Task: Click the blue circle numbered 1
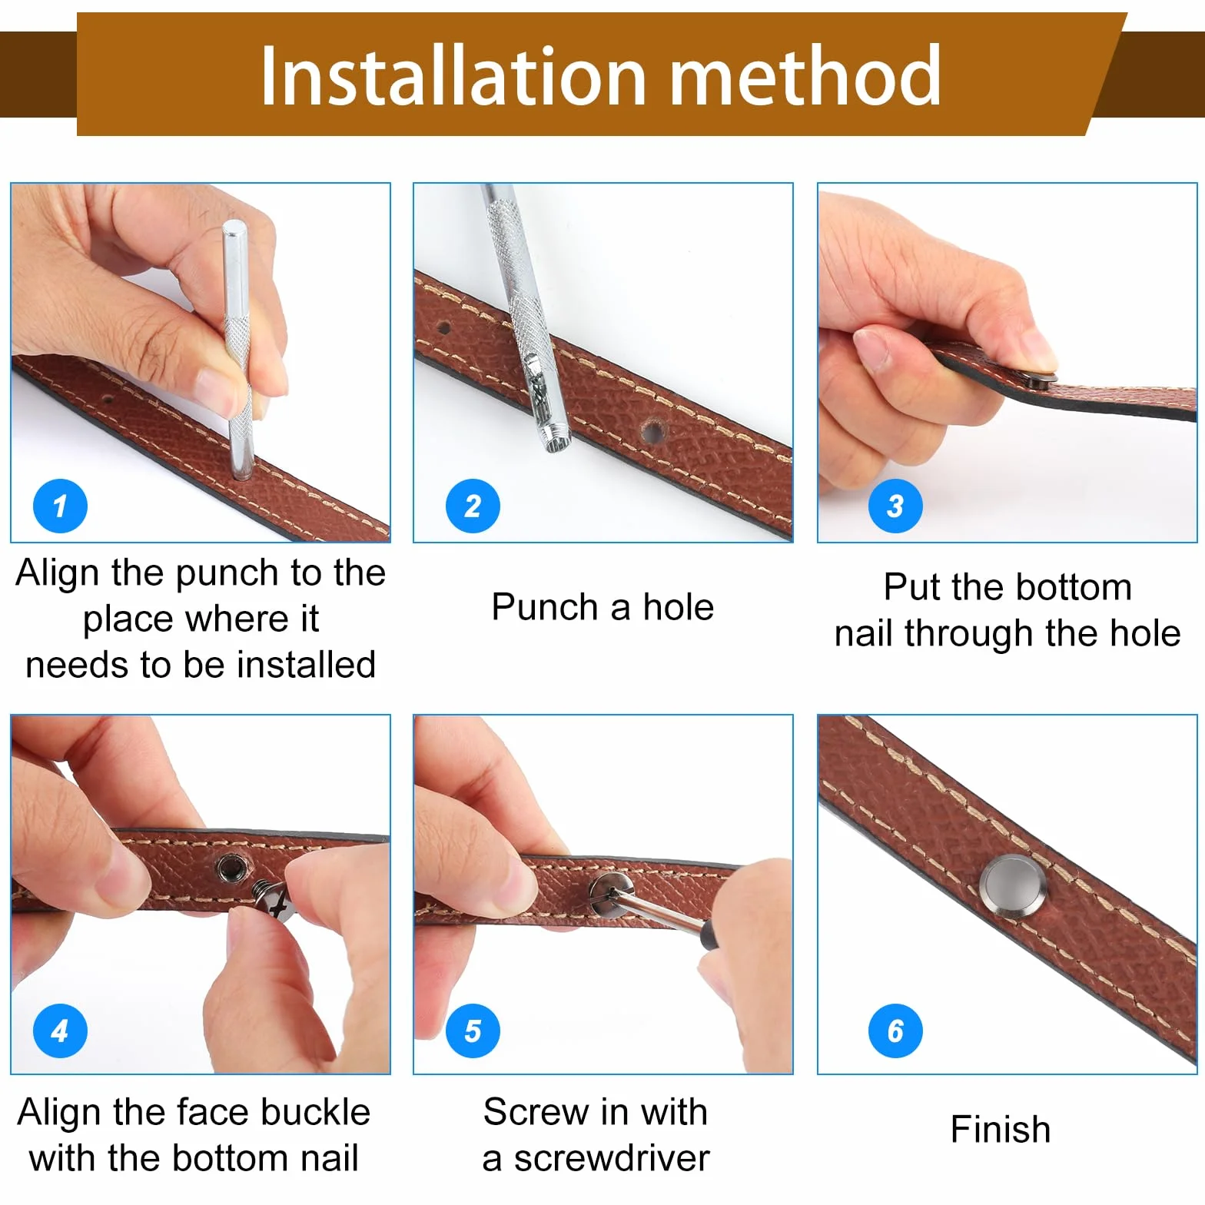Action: (x=60, y=506)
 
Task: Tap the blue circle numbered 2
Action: (x=473, y=506)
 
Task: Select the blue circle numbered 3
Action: (x=895, y=506)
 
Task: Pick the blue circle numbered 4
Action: (x=60, y=1031)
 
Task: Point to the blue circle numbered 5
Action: (x=473, y=1031)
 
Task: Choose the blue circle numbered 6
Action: (x=895, y=1031)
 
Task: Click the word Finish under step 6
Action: (x=1000, y=1129)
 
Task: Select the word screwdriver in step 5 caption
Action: (x=612, y=1158)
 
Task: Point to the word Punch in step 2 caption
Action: (x=545, y=607)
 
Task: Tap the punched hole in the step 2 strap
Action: (x=652, y=431)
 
